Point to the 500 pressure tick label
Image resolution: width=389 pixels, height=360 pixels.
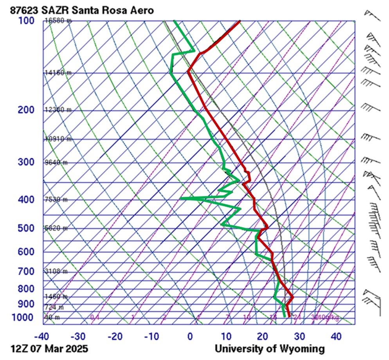26,228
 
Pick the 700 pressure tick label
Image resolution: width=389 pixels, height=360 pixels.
26,271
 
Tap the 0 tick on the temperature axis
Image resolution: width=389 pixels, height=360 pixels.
190,336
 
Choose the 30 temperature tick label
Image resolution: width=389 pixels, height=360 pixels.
299,336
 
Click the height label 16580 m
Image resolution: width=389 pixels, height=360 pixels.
57,21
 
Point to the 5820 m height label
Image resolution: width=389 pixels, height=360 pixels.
56,228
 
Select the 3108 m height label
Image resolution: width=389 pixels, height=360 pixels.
56,271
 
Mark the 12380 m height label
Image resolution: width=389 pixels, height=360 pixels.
57,110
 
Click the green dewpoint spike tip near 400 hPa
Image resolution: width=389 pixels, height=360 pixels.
180,198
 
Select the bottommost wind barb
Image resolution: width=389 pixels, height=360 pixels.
373,303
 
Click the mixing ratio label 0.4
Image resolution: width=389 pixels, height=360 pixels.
95,317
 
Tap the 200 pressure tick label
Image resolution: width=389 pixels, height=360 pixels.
26,110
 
